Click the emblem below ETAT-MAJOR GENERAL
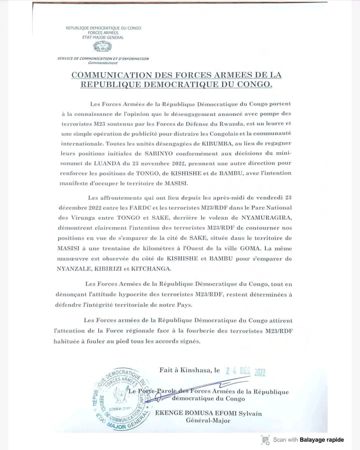[104, 47]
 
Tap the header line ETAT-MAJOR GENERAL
[103, 37]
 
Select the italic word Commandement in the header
[102, 63]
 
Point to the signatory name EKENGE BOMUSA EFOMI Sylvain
[215, 413]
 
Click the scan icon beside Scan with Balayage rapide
[265, 439]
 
